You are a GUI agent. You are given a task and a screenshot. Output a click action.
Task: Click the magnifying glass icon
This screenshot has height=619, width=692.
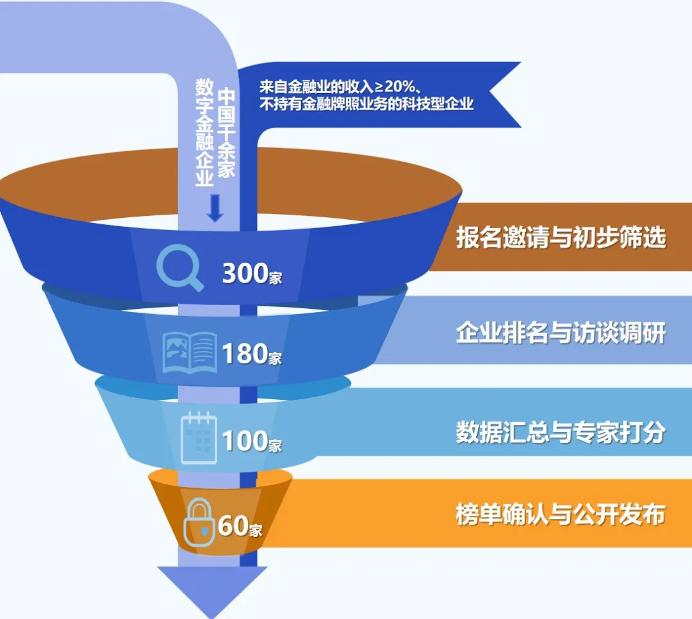[x=179, y=268]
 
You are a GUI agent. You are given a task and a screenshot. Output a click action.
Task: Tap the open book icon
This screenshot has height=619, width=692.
[x=190, y=352]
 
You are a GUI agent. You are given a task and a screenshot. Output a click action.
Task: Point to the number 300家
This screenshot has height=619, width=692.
[x=252, y=274]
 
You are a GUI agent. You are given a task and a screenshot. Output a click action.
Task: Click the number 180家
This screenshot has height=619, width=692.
[x=252, y=354]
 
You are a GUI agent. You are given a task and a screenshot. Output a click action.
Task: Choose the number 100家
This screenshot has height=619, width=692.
[x=252, y=442]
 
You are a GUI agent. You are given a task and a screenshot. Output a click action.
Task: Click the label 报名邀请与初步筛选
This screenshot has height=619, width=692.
[x=561, y=237]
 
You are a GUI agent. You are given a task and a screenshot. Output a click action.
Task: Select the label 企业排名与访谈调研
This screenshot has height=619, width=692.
[x=561, y=333]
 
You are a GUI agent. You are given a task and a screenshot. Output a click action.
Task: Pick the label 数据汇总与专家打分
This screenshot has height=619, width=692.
[x=561, y=433]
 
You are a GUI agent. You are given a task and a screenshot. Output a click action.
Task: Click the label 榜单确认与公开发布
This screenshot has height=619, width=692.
[x=561, y=515]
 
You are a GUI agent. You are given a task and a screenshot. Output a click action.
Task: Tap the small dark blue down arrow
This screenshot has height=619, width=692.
[x=215, y=208]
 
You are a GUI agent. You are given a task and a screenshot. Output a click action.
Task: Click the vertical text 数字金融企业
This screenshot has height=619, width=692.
[x=204, y=132]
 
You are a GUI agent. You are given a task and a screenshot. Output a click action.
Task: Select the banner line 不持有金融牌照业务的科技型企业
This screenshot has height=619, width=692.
[x=367, y=104]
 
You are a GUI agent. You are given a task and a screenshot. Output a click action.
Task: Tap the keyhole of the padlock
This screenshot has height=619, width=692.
[x=204, y=531]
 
